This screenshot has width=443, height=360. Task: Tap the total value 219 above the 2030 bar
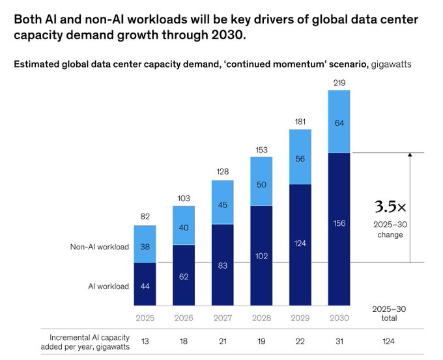(339, 82)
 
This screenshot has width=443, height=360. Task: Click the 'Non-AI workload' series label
(99, 247)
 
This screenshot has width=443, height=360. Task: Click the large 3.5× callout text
(390, 207)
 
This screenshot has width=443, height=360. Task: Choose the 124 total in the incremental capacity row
(390, 340)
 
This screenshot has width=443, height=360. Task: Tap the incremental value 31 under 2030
(339, 340)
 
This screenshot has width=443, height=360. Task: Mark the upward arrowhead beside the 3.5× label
(410, 155)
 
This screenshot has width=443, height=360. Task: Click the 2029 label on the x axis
(300, 318)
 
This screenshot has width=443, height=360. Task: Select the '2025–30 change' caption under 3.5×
(390, 229)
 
